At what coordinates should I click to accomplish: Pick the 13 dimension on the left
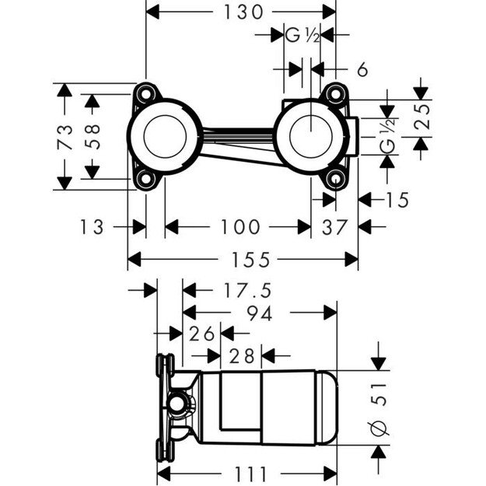coord(91,227)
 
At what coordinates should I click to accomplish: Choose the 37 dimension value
coord(334,227)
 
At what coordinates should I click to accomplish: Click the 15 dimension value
coord(396,200)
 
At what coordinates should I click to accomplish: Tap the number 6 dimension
coord(362,69)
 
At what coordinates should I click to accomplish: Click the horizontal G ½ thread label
coord(302,35)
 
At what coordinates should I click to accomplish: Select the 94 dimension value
coord(252,313)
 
